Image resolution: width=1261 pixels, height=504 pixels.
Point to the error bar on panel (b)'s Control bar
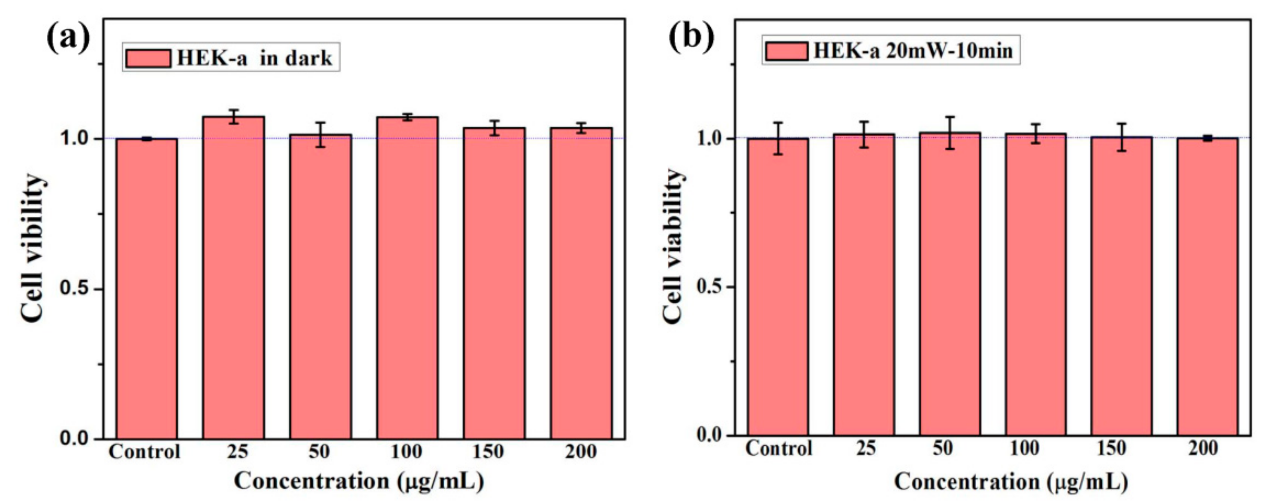coord(778,138)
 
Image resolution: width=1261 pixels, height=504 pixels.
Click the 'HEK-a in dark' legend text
coord(254,58)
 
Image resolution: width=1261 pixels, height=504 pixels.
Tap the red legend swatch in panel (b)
coord(786,51)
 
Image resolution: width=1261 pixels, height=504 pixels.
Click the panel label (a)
coord(69,37)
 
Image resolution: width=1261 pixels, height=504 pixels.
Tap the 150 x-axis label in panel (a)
coord(488,451)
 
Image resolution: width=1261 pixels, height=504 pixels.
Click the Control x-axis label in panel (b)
coord(778,448)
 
